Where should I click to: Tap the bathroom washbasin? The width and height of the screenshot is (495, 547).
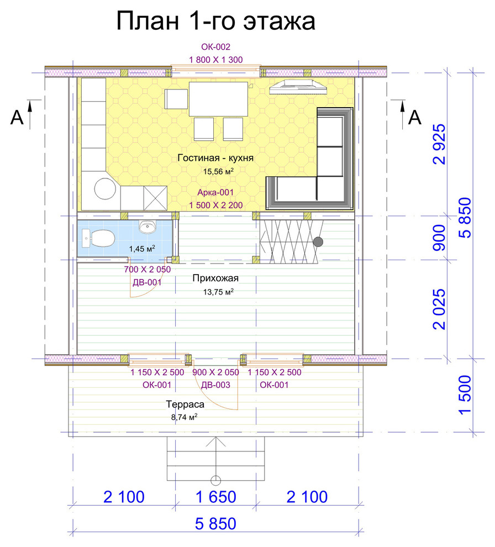click(148, 227)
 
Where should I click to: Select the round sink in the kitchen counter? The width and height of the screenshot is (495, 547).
click(105, 189)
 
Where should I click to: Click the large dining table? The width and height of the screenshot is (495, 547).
click(218, 99)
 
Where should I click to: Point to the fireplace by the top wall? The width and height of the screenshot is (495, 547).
click(298, 87)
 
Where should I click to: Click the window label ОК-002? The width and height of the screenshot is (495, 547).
click(215, 47)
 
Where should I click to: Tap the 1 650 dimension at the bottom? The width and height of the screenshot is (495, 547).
click(216, 497)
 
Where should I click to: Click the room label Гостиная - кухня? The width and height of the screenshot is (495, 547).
click(215, 157)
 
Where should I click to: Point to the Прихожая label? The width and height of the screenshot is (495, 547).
click(215, 278)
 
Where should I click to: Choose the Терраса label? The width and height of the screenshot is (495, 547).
click(185, 404)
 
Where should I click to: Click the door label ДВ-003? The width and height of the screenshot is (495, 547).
click(215, 385)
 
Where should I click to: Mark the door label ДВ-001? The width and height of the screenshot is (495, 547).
click(147, 282)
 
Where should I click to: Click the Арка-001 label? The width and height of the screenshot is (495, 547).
click(215, 192)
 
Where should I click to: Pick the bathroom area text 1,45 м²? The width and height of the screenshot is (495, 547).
click(142, 249)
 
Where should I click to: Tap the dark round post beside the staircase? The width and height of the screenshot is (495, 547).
click(318, 241)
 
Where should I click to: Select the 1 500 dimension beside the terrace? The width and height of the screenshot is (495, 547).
click(465, 395)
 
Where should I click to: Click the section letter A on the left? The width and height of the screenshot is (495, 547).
click(17, 117)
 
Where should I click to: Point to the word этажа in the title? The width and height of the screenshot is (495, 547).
click(279, 21)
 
